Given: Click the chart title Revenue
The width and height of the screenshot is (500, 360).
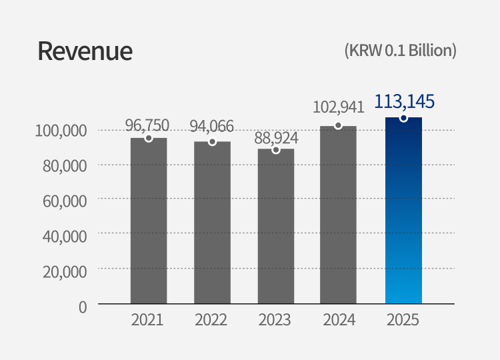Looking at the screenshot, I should [85, 51].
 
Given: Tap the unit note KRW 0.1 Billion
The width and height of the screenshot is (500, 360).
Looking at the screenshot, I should [400, 51].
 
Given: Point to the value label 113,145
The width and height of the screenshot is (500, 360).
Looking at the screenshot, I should [404, 101].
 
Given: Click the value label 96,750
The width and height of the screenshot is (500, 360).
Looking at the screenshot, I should [147, 125].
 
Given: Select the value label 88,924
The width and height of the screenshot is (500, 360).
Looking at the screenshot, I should [276, 138].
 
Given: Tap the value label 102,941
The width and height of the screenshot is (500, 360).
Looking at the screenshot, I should [338, 107].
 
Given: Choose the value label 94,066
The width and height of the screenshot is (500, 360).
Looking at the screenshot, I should [211, 126].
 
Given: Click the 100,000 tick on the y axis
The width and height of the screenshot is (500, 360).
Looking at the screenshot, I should [61, 131].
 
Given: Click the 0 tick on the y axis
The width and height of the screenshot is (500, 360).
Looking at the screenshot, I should [83, 307].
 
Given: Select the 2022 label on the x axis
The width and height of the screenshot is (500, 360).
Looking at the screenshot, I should [211, 320].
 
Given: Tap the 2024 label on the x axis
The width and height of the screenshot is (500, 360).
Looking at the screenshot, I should [339, 320].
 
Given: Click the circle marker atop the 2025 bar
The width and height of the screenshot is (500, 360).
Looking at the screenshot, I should [404, 118].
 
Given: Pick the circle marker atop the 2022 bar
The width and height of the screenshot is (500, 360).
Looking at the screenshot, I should [212, 142].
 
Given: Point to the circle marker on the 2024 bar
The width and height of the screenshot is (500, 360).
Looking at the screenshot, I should [339, 125].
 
